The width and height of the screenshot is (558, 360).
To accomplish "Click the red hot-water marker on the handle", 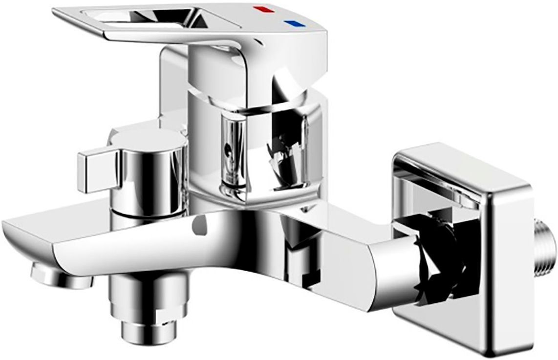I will click(259, 9).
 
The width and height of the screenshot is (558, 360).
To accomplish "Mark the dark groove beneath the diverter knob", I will click(147, 211).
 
